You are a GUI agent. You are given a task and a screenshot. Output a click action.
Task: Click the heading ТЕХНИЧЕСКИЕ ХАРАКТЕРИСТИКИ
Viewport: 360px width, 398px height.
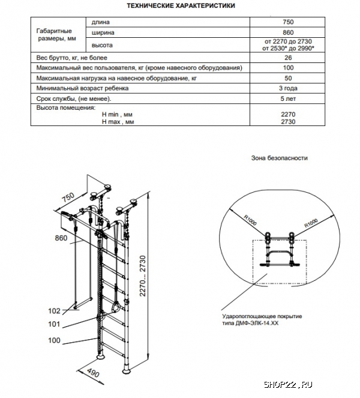(x=179, y=5)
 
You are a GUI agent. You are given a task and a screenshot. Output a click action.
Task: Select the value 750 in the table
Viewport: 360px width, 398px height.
(x=287, y=22)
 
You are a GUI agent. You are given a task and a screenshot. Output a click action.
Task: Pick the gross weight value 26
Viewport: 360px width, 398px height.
(x=287, y=58)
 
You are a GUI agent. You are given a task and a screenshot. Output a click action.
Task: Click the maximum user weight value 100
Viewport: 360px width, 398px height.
(x=287, y=68)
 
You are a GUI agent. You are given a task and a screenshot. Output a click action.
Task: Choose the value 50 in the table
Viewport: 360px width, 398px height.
(x=287, y=78)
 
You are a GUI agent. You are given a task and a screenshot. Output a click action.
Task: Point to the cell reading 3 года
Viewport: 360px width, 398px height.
(x=287, y=88)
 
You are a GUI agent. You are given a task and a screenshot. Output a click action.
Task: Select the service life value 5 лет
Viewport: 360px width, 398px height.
(x=287, y=98)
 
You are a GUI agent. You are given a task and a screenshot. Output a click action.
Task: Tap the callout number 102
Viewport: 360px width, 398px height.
(x=55, y=311)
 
